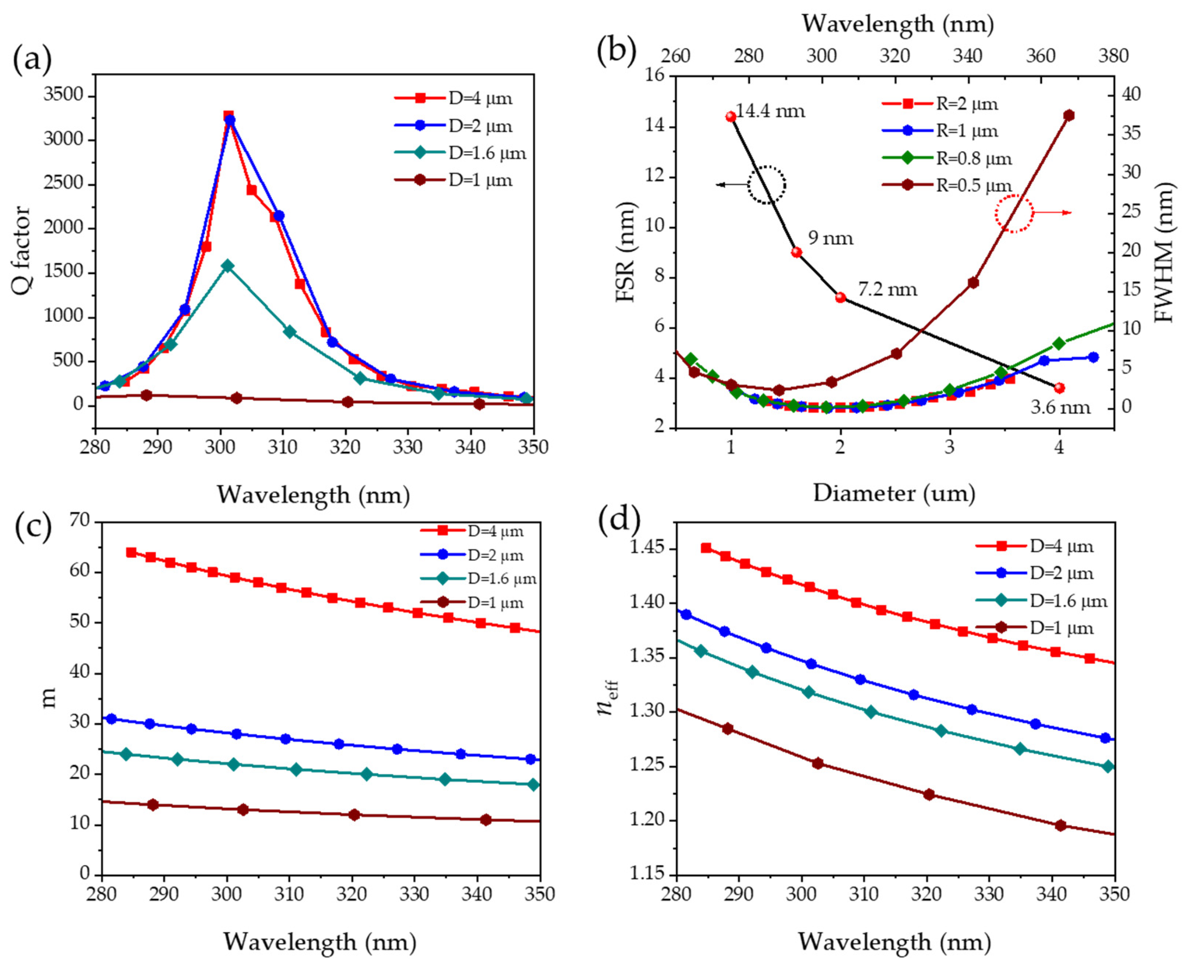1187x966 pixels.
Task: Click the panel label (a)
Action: point(32,58)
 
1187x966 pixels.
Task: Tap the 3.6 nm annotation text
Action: point(1060,408)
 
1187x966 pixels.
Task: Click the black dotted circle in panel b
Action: point(767,185)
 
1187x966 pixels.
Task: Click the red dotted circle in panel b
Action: point(1014,213)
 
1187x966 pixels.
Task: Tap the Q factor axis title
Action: point(21,250)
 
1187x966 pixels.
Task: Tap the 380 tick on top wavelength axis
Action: point(1113,56)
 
